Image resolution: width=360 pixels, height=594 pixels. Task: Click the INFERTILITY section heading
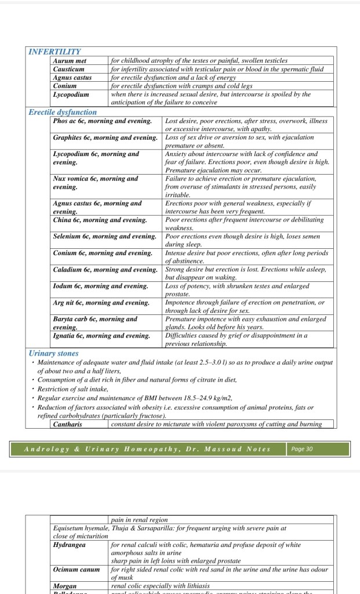click(54, 52)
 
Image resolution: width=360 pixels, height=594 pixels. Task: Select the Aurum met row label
click(70, 60)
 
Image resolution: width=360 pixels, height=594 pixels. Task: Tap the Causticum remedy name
click(68, 69)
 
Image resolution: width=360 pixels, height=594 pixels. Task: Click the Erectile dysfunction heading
click(63, 112)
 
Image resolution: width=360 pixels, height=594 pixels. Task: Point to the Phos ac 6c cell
click(102, 121)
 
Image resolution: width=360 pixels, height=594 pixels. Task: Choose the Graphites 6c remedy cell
click(105, 137)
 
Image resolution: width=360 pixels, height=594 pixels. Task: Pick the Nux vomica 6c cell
click(96, 183)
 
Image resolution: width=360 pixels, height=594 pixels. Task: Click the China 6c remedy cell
click(100, 220)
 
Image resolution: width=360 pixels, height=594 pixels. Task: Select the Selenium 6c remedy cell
click(104, 237)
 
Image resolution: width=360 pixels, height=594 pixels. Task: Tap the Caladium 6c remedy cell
click(105, 270)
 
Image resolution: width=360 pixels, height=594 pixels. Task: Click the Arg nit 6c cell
click(101, 302)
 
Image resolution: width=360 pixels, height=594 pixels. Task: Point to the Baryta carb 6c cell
click(95, 323)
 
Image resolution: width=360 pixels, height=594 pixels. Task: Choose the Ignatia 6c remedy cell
click(101, 335)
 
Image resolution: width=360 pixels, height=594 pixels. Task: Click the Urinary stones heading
click(53, 353)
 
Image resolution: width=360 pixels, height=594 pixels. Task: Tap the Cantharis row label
click(68, 424)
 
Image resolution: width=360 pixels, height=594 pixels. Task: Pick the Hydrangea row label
click(70, 545)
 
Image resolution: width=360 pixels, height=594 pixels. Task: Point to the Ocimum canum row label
click(77, 570)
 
